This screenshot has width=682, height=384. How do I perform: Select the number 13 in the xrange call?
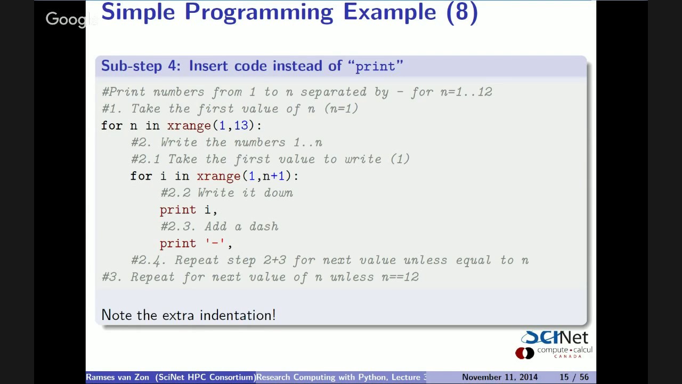click(241, 125)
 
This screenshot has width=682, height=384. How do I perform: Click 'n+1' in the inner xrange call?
click(274, 176)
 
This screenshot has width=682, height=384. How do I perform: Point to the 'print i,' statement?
click(188, 210)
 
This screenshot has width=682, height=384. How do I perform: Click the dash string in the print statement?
click(215, 243)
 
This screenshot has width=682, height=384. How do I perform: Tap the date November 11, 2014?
click(499, 377)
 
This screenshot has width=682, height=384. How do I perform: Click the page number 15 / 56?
click(573, 377)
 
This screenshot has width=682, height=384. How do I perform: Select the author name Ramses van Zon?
click(118, 377)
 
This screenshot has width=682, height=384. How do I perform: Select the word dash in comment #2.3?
click(264, 227)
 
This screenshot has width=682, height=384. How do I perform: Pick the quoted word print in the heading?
click(375, 66)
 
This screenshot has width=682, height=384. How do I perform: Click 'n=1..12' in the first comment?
click(466, 92)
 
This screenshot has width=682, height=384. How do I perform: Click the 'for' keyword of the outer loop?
click(112, 125)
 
